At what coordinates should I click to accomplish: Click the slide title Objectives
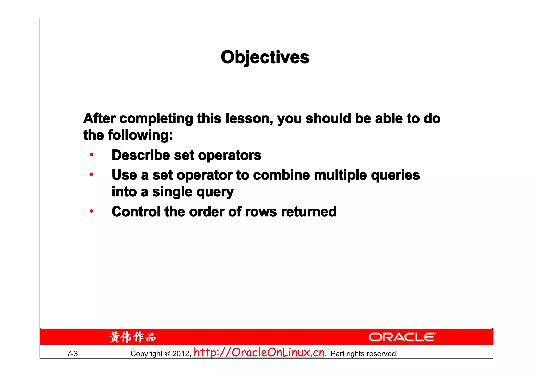(265, 57)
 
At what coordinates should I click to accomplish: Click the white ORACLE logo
(402, 337)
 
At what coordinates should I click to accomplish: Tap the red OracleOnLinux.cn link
(259, 353)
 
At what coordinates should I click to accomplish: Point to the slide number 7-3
(72, 354)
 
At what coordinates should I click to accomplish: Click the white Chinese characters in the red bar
(133, 337)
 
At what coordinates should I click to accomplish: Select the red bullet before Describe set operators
(91, 155)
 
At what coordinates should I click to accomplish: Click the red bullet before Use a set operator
(91, 174)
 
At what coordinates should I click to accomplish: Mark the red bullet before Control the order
(91, 211)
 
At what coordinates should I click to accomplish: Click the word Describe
(141, 155)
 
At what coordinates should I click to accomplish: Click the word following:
(140, 135)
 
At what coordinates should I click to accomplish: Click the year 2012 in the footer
(181, 354)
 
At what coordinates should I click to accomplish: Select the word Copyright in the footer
(146, 354)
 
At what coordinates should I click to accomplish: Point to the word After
(99, 119)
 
